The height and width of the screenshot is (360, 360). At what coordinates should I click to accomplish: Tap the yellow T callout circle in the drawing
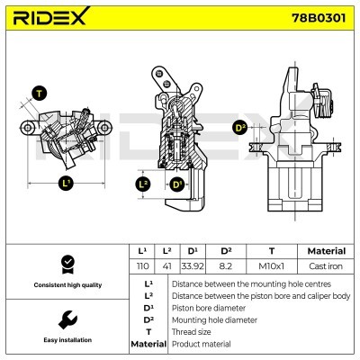(39, 93)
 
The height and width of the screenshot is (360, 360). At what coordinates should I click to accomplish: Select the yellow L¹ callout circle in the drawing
(65, 184)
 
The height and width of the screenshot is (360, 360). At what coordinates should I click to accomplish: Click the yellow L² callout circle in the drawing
(142, 184)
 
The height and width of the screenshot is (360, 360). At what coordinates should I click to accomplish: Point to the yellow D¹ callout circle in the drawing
(176, 184)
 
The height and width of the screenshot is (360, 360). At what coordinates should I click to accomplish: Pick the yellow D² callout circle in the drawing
(239, 128)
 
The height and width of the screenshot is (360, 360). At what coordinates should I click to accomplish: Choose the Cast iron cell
(326, 265)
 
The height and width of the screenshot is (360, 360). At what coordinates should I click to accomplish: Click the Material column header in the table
(326, 251)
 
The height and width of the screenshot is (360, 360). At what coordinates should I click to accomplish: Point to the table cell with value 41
(167, 265)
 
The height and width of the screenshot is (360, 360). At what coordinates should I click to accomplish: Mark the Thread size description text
(192, 331)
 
